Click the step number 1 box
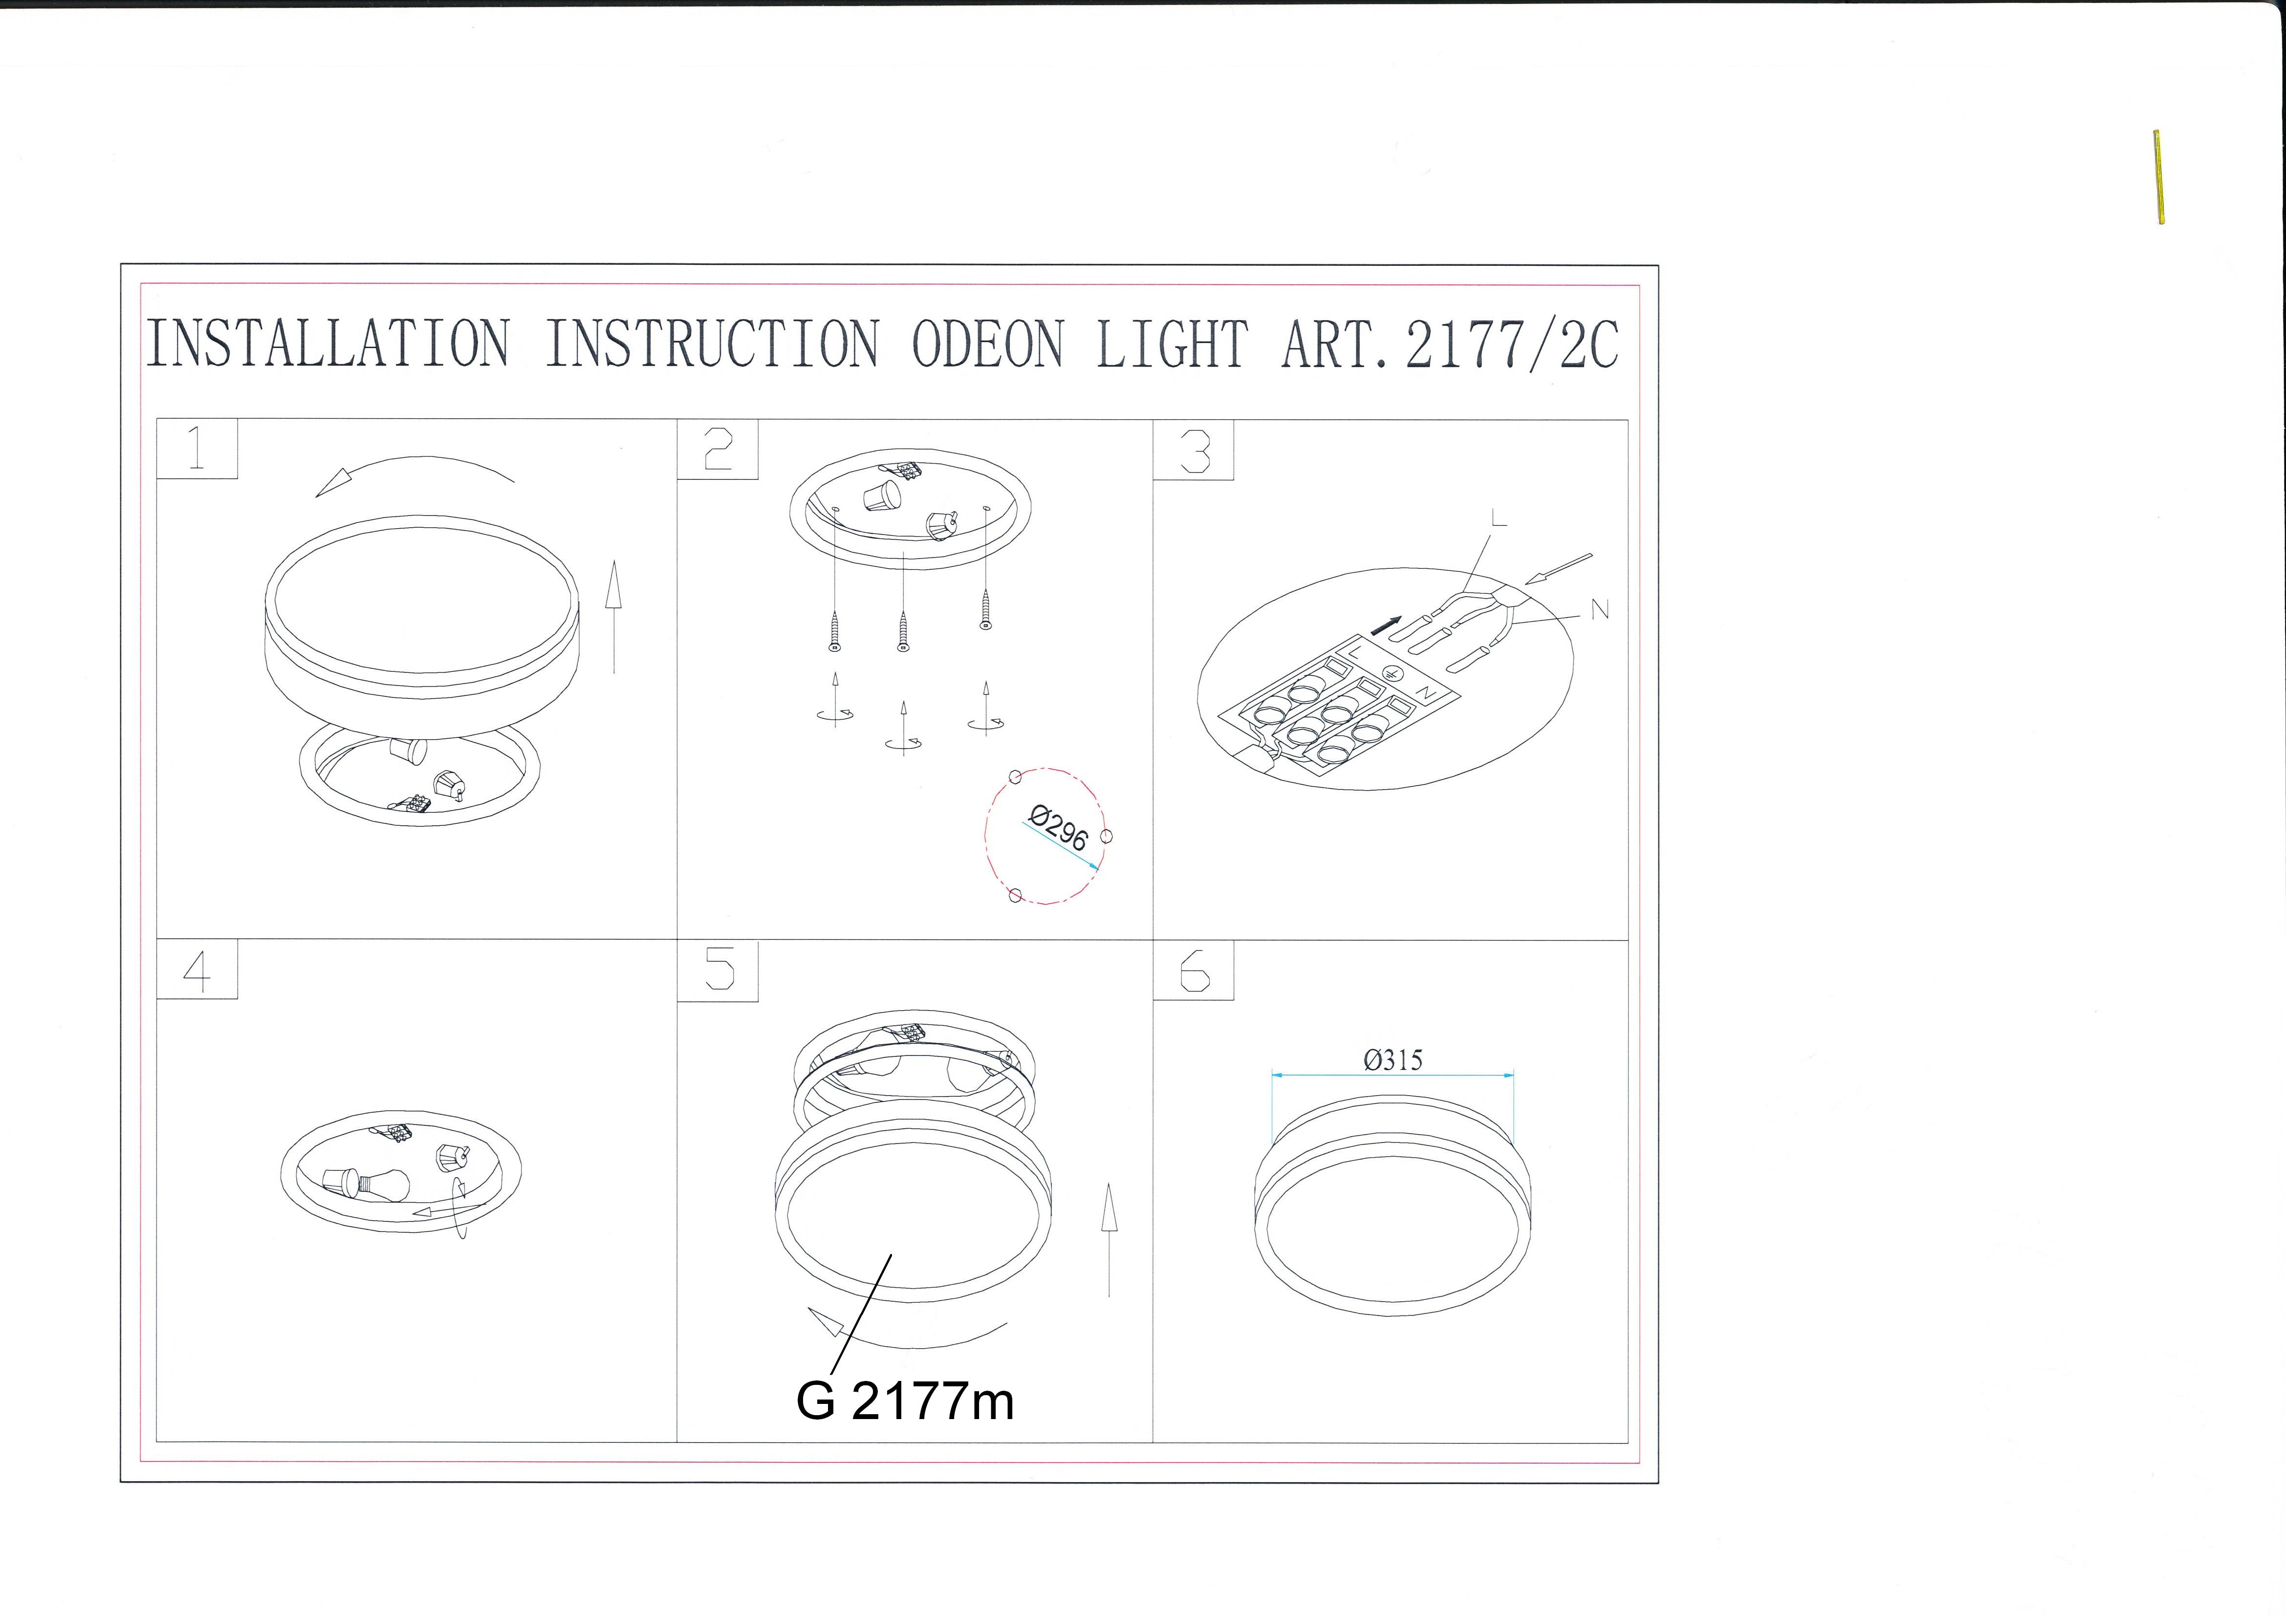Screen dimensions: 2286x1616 coord(197,449)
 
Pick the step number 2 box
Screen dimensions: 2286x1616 coord(718,449)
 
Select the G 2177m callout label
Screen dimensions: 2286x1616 coord(905,1401)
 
